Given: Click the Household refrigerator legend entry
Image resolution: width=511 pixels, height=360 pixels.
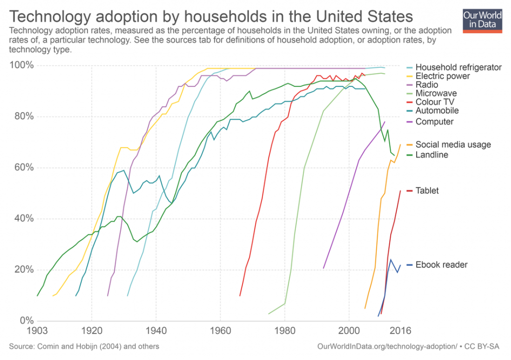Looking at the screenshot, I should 459,67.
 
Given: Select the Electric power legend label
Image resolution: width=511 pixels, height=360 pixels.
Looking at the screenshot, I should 443,76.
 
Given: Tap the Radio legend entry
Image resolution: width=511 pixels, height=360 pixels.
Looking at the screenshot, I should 427,85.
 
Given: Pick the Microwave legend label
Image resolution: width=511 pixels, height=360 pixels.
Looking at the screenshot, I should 436,93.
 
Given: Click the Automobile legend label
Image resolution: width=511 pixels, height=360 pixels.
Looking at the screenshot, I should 437,111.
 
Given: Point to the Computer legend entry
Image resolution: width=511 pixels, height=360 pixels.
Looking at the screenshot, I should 434,122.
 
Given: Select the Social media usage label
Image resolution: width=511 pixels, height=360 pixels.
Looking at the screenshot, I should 453,145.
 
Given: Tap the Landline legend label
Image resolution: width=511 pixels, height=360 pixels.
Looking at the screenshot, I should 432,155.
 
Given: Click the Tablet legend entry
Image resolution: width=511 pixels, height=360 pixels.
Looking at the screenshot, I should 427,190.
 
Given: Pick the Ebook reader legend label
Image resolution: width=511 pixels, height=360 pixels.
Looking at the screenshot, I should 442,265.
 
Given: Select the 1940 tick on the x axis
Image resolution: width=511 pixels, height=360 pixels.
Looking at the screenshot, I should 156,330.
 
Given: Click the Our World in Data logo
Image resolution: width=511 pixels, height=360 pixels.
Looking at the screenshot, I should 483,19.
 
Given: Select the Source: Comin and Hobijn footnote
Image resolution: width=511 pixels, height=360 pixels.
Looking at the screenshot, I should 84,346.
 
